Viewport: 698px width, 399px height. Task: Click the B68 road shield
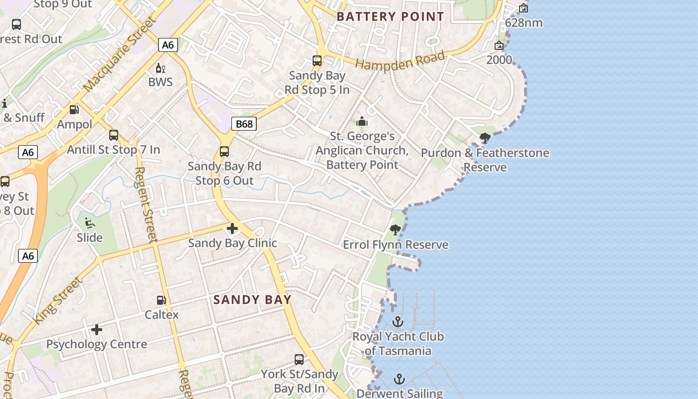point(244,124)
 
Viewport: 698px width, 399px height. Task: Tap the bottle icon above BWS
point(161,68)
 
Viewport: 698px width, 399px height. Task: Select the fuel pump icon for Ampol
point(74,110)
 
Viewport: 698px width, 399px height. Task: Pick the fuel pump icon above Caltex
point(161,300)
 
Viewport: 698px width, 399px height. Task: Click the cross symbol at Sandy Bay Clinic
point(232,229)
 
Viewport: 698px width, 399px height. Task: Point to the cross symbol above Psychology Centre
point(97,330)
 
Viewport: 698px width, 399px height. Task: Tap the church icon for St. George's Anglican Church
point(362,121)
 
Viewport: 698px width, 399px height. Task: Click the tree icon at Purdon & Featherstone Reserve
point(485,138)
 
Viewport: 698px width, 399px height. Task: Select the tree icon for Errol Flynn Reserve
point(395,230)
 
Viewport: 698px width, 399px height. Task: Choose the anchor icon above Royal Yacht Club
point(398,322)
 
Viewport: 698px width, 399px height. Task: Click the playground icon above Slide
point(90,223)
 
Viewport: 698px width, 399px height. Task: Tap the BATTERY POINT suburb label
point(390,16)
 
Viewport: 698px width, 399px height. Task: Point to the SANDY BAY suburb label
point(252,300)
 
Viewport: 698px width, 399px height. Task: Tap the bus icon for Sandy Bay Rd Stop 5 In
point(317,61)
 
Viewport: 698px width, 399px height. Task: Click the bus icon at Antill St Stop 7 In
point(114,135)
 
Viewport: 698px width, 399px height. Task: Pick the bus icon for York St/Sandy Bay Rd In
point(299,359)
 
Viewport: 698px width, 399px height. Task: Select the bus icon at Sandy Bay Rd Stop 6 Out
point(224,152)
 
